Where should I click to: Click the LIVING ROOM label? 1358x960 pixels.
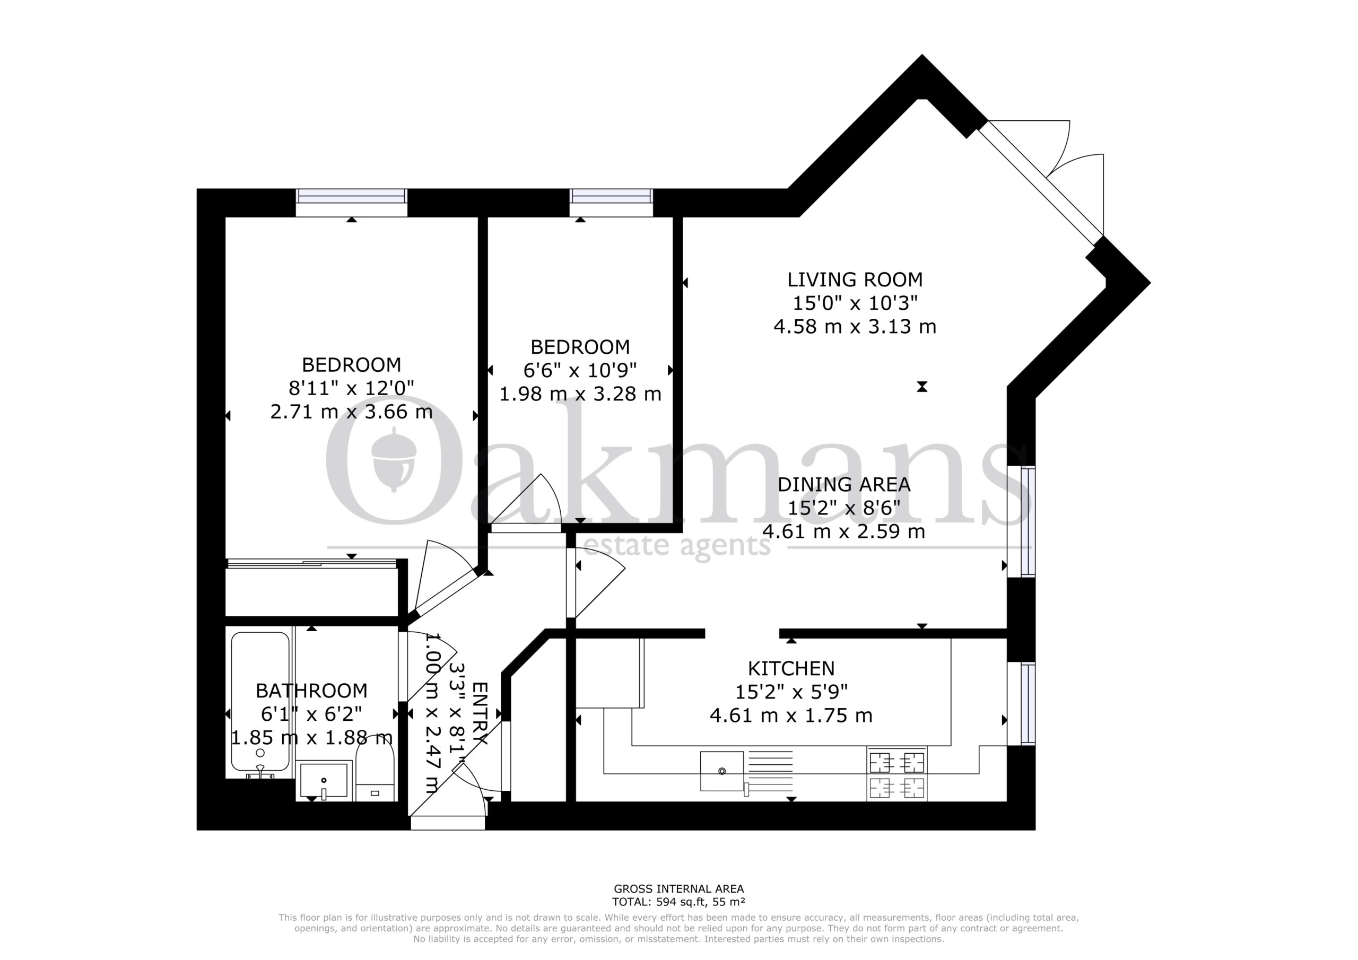tap(855, 279)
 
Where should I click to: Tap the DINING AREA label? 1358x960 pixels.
tap(843, 484)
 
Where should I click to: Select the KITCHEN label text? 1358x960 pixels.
tap(791, 668)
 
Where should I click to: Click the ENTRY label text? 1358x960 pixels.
tap(479, 714)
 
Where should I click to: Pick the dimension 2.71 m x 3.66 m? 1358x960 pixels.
tap(351, 412)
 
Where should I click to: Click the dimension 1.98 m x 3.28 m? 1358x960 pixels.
tap(580, 394)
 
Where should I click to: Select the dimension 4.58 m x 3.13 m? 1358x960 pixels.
tap(855, 327)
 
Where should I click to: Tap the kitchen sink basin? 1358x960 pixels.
tap(721, 771)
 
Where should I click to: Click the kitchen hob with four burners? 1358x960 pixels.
tap(896, 774)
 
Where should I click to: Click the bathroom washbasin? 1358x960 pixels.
tap(324, 781)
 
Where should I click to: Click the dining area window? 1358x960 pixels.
tap(1022, 521)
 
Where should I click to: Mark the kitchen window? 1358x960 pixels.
tap(1022, 703)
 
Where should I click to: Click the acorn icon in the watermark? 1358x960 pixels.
tap(394, 460)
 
